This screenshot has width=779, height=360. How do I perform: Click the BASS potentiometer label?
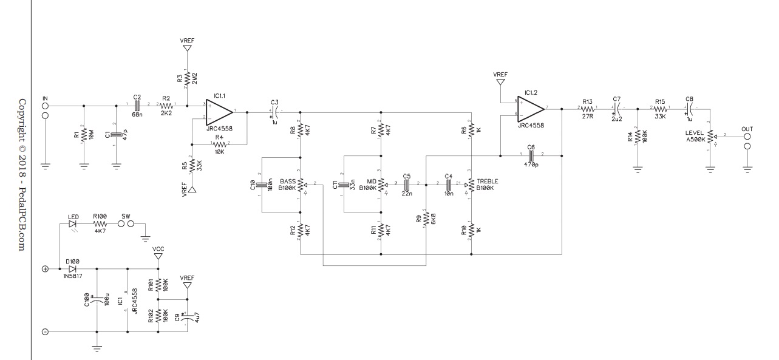(x=287, y=181)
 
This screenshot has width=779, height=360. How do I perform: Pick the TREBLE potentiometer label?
(x=486, y=181)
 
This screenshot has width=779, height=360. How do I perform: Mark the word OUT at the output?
(x=747, y=129)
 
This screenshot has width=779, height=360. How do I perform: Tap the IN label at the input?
(x=45, y=98)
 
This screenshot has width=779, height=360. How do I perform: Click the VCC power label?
(x=158, y=248)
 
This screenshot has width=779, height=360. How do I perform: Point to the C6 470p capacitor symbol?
(x=531, y=155)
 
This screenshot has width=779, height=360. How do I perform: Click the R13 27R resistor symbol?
(x=587, y=109)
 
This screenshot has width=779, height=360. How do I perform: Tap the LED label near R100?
(x=73, y=216)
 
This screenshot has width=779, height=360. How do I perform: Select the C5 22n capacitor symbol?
(x=407, y=183)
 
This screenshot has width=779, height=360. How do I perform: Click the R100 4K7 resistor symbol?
(x=100, y=224)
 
